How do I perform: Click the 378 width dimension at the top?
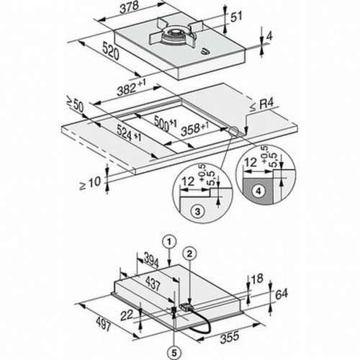click(130, 9)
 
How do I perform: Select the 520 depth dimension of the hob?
click(111, 50)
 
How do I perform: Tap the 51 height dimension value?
click(236, 17)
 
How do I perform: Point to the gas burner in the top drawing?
click(174, 35)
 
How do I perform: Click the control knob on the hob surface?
click(204, 50)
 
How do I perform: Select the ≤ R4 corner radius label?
click(262, 105)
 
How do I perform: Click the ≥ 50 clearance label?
click(75, 105)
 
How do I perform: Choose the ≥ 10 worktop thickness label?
click(91, 183)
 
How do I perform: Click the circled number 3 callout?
click(198, 212)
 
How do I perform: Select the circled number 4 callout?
click(258, 191)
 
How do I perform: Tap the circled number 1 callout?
click(169, 242)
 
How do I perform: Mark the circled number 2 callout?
click(189, 253)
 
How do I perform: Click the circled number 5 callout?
click(174, 353)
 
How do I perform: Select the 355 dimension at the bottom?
click(230, 337)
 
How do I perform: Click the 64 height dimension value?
click(282, 294)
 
